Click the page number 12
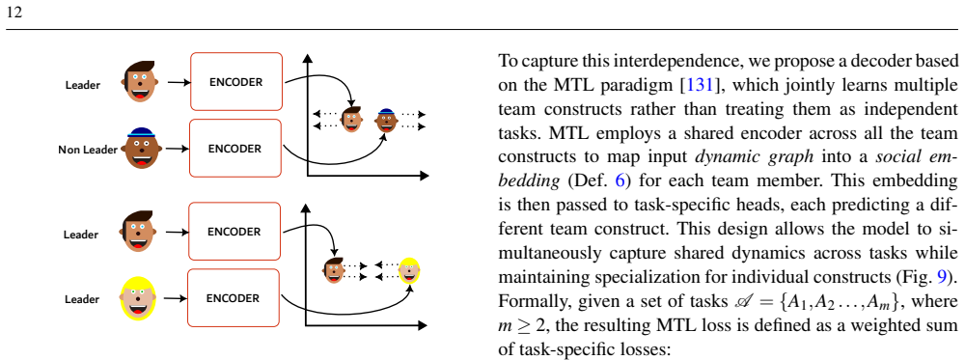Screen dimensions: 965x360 [14, 13]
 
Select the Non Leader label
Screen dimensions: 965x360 [88, 150]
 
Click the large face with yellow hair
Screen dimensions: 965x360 [140, 298]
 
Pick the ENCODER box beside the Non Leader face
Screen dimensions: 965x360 [234, 149]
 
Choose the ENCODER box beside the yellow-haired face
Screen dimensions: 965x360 [234, 298]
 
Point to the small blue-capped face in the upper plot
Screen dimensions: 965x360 [386, 120]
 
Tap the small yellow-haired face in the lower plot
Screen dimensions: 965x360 [409, 270]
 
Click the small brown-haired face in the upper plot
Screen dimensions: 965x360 [351, 120]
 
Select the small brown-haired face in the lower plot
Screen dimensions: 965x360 [334, 270]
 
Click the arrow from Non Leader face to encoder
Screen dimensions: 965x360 [178, 149]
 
